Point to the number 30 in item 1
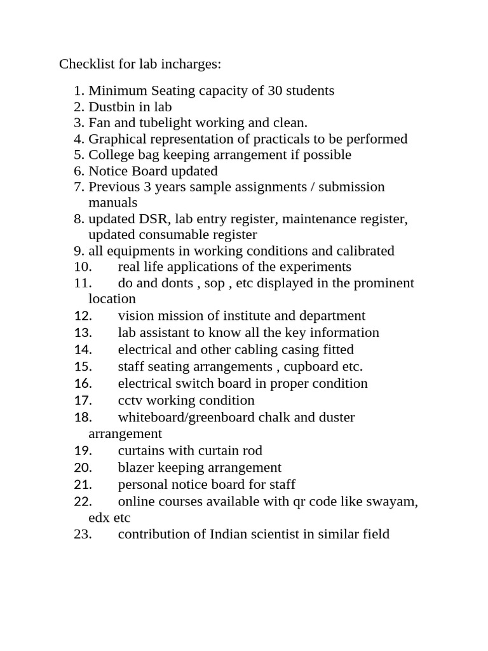tap(275, 90)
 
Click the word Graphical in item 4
tap(116, 139)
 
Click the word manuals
tap(112, 203)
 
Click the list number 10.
tap(83, 267)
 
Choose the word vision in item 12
tap(135, 315)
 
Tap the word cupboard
tap(311, 366)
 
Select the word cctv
tap(130, 401)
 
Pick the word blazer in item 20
tap(136, 467)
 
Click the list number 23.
tap(83, 534)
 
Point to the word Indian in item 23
tap(229, 534)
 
